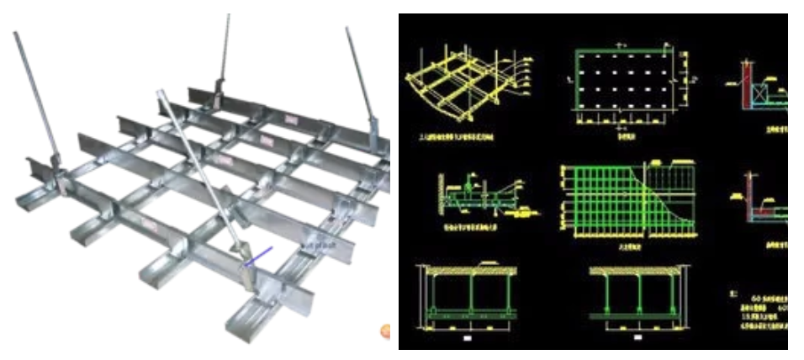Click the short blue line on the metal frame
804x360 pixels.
257,256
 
